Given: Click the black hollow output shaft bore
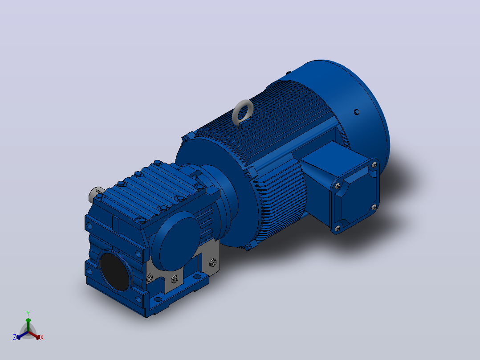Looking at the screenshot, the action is [114, 272].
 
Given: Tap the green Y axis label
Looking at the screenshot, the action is [28, 313].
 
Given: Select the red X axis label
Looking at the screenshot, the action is [42, 337].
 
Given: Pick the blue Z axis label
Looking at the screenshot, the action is [15, 337].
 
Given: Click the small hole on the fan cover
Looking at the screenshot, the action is [357, 112].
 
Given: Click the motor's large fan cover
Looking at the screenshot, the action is [349, 107].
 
